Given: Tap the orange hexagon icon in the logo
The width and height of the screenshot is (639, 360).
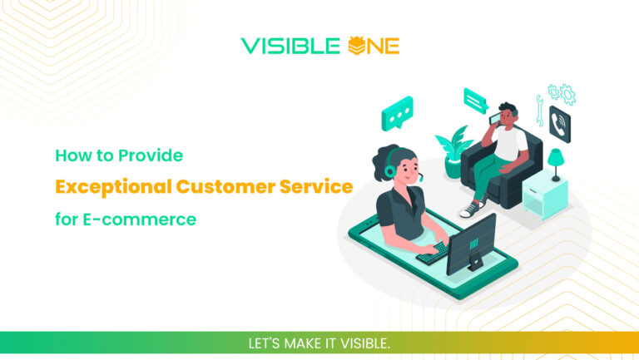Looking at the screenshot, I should click(356, 45).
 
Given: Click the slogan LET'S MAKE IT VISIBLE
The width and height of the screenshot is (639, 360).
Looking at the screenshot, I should click(319, 343).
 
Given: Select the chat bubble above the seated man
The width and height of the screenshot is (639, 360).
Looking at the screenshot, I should click(475, 101).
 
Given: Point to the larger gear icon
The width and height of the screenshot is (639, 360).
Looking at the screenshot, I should click(567, 92).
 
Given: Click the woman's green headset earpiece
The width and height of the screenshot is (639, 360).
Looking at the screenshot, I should click(389, 171).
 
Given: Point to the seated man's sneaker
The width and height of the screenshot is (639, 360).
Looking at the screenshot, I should click(473, 208).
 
